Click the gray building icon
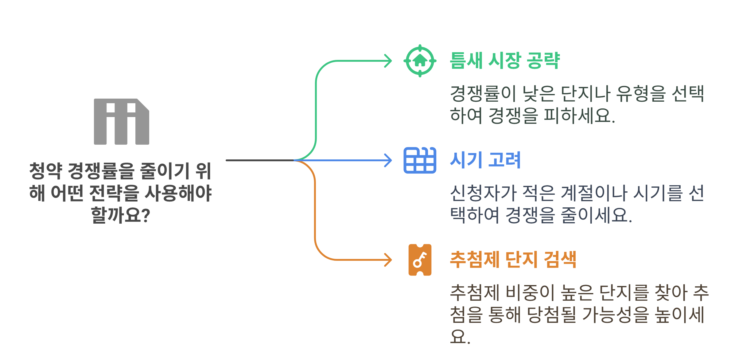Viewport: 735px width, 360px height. [x=121, y=122]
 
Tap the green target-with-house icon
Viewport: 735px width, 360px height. [x=420, y=61]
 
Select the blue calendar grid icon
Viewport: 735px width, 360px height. [x=420, y=160]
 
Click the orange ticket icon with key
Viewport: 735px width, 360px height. [x=420, y=260]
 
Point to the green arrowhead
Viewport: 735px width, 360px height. [x=389, y=61]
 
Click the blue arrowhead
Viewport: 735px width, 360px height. [x=389, y=160]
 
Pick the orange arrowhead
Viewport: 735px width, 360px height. [x=389, y=260]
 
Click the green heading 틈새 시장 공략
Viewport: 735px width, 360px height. [x=505, y=61]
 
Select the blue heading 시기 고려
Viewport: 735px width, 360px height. [x=485, y=160]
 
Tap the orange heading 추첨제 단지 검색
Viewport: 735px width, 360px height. [x=513, y=260]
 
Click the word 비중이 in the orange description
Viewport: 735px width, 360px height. [x=526, y=293]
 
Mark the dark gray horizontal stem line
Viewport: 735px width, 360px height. [x=260, y=160]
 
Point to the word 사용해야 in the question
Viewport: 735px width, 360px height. [x=178, y=193]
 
